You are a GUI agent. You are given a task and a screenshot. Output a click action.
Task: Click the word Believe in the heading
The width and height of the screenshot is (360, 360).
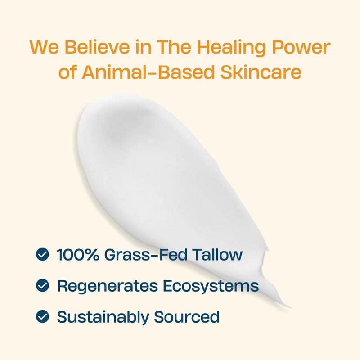coord(97,47)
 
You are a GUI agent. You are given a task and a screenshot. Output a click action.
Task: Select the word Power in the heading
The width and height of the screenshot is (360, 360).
coord(301,47)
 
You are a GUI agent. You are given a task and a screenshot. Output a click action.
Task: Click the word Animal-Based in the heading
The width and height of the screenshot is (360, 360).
coord(148,72)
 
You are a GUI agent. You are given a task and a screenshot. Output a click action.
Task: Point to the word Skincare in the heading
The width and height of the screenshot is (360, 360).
coord(261,72)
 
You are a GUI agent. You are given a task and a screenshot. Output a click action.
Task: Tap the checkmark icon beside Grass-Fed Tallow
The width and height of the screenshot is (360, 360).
coord(42,254)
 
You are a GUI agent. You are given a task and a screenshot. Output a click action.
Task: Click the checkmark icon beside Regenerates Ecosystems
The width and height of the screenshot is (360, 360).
coord(42,285)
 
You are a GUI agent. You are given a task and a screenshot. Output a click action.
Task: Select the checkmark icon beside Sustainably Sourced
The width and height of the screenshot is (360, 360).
coord(42,316)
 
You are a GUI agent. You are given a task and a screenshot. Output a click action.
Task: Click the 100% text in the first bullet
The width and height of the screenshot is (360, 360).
coord(78,254)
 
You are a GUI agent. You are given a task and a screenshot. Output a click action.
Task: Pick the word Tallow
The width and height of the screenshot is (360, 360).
coord(217,254)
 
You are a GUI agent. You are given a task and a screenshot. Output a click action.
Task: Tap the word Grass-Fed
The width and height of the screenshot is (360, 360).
coord(146,254)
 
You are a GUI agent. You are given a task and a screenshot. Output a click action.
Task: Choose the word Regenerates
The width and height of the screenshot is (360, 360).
coord(108,286)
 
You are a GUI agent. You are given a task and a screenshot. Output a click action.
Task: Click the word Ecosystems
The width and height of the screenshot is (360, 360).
coord(211,286)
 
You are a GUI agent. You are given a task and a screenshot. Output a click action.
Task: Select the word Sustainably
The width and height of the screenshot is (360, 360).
coord(103,317)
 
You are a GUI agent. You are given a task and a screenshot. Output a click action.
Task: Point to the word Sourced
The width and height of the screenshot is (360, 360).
coord(187,317)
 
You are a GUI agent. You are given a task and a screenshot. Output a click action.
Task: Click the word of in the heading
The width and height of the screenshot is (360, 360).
coord(67,72)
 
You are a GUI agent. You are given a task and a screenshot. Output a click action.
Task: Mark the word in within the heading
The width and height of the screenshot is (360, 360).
coord(143,47)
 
